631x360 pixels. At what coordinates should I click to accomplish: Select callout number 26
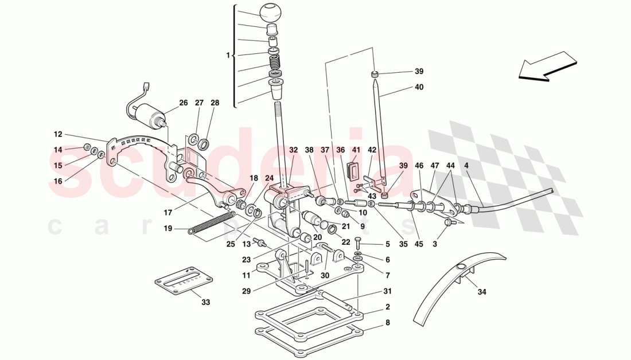[x=183, y=103]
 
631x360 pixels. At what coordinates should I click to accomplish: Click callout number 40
[x=419, y=87]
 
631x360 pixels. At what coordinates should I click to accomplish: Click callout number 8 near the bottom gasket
[x=387, y=322]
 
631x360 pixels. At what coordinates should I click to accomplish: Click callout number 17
[x=168, y=212]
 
